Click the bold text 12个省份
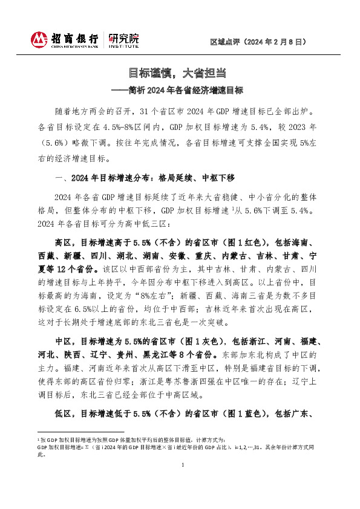(x=82, y=266)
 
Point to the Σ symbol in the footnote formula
(x=86, y=448)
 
